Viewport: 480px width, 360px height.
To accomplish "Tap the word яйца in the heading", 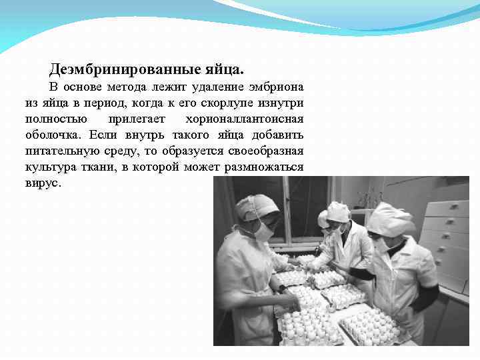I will pos(224,69).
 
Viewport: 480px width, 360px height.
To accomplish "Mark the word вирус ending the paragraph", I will pos(42,183).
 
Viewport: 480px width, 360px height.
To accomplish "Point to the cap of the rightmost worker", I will pos(389,218).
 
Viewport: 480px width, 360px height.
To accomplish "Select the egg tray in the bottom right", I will pos(373,327).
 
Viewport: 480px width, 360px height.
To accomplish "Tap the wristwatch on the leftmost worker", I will pos(281,289).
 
